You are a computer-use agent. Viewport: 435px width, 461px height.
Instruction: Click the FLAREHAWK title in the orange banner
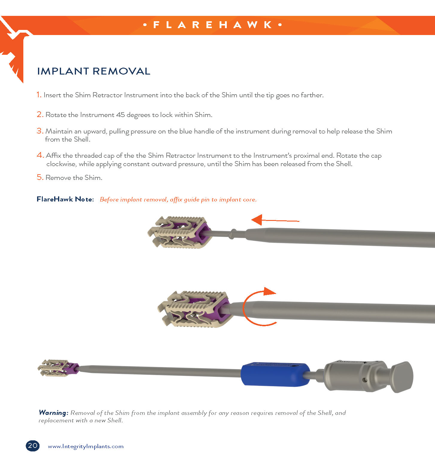213,25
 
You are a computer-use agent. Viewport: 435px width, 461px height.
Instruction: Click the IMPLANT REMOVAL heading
94,71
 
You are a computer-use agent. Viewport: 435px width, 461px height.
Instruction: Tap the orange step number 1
39,95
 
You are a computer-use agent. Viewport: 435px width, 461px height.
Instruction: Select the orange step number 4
40,155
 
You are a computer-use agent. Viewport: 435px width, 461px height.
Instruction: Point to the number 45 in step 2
120,115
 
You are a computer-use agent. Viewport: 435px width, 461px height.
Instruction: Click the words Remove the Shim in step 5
74,178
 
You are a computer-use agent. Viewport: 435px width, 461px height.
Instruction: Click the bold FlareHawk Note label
65,199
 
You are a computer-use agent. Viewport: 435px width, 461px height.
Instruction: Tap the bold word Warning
54,413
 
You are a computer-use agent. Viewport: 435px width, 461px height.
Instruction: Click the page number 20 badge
33,446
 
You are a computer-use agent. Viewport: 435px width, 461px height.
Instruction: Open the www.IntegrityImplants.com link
86,446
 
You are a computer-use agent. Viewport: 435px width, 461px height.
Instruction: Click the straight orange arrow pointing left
275,220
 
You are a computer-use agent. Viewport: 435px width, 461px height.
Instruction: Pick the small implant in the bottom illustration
59,368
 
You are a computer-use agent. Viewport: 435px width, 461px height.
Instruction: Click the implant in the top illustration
179,232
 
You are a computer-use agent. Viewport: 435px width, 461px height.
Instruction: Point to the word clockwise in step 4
61,164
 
